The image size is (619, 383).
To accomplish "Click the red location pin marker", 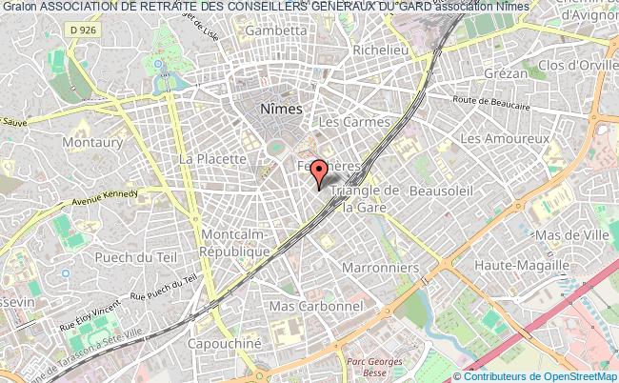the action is coord(320,172).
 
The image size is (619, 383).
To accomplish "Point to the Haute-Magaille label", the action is coord(528,266).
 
